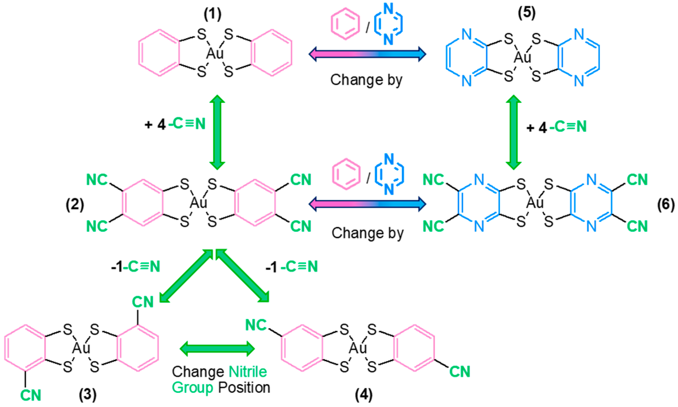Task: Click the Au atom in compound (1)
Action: click(215, 54)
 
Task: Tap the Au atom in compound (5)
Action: click(522, 57)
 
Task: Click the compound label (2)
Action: click(75, 204)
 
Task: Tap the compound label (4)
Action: click(364, 394)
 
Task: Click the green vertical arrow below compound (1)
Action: click(217, 132)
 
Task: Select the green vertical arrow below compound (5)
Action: click(514, 132)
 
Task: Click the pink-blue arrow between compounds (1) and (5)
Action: click(367, 54)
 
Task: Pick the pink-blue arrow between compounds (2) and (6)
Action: click(367, 204)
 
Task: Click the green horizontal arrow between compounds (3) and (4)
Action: click(217, 349)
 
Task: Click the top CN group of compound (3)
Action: click(143, 302)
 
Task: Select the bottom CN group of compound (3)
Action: click(31, 395)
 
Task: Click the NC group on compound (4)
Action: click(256, 325)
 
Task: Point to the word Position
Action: click(244, 388)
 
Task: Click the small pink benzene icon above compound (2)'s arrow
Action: click(346, 174)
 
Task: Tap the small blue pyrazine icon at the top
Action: click(388, 24)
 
